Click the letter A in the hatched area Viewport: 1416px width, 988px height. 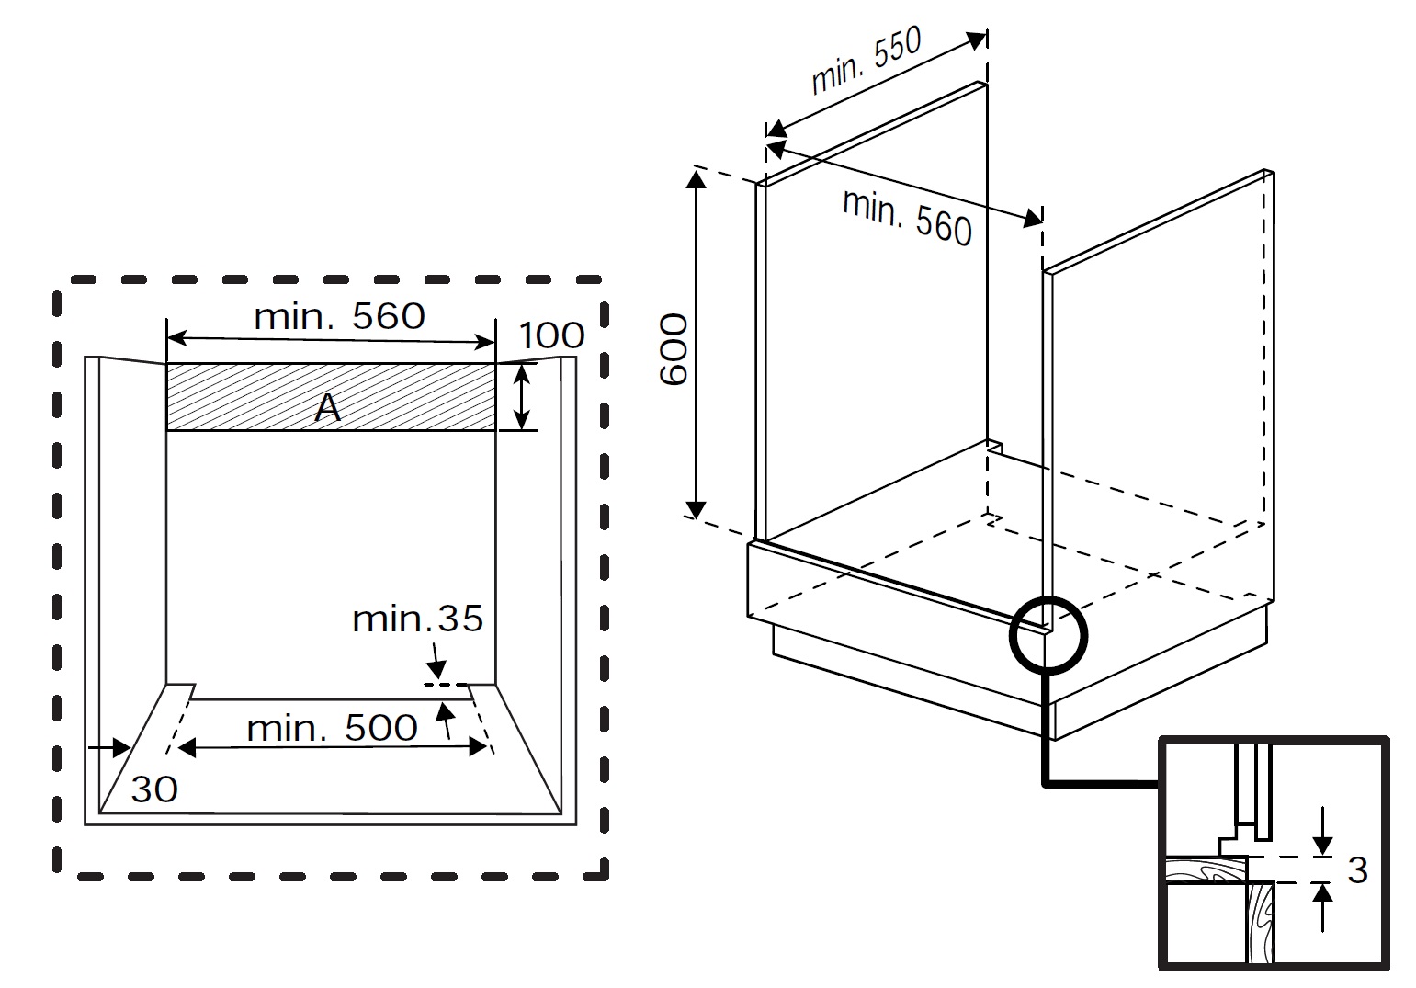click(x=328, y=408)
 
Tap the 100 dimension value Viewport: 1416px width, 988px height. click(x=551, y=335)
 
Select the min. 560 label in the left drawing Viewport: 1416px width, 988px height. click(x=339, y=316)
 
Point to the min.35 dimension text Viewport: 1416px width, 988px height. click(x=417, y=619)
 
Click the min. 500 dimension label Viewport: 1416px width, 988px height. click(x=332, y=728)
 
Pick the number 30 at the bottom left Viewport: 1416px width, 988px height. click(x=153, y=789)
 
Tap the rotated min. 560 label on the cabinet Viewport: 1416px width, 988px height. click(x=907, y=218)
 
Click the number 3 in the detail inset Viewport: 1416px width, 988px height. click(x=1357, y=869)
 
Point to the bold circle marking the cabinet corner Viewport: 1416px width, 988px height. click(x=1048, y=635)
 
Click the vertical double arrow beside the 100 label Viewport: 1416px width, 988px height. click(x=522, y=397)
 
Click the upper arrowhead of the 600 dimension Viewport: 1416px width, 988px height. click(x=697, y=178)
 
